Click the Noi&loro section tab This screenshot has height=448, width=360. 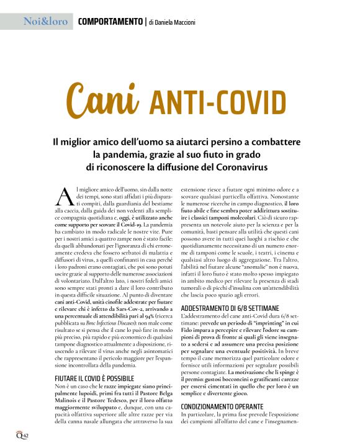click(x=45, y=22)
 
